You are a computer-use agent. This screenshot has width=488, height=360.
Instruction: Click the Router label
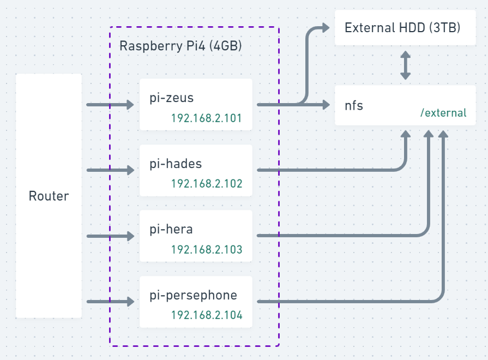click(49, 196)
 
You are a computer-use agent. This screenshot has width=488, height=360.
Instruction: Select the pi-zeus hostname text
click(172, 98)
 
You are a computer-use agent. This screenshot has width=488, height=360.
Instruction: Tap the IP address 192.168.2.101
click(206, 118)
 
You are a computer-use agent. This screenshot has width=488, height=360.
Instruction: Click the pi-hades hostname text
click(176, 164)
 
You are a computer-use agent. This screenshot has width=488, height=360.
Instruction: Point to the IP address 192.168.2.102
click(206, 184)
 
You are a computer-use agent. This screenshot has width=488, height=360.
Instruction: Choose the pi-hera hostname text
click(171, 229)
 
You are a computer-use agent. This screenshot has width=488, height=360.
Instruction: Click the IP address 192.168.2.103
click(206, 250)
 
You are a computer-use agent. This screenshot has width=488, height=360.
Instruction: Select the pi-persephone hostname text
click(193, 296)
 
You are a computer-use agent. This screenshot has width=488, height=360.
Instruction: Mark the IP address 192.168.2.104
click(206, 315)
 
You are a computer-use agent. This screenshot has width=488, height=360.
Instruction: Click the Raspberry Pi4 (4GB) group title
click(180, 46)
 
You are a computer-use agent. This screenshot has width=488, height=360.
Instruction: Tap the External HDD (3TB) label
click(402, 27)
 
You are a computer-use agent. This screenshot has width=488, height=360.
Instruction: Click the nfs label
click(354, 105)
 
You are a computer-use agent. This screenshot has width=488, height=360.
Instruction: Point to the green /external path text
click(443, 113)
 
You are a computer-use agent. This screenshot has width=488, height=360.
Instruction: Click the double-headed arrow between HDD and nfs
click(405, 65)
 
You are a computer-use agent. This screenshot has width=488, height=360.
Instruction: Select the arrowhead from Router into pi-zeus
click(130, 105)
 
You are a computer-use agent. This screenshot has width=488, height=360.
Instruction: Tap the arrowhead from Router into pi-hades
click(130, 170)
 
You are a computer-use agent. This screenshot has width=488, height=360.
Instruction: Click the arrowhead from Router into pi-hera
click(130, 236)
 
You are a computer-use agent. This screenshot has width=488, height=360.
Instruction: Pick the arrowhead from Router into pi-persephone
click(130, 301)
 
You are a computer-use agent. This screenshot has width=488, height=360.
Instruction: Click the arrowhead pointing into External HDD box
click(326, 27)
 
